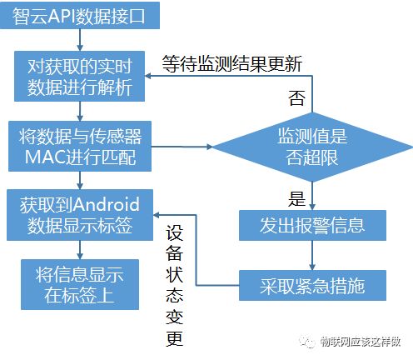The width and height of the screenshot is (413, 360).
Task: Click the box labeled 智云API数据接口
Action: (80, 15)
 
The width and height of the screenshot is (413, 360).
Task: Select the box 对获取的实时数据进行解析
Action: (80, 76)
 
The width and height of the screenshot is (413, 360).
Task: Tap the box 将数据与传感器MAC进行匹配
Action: (80, 146)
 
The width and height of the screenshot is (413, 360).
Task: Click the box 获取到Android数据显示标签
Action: (80, 215)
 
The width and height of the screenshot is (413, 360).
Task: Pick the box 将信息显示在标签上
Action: (80, 284)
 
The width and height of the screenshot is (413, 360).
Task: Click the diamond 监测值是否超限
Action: (312, 147)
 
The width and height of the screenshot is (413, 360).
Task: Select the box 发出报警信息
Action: (312, 225)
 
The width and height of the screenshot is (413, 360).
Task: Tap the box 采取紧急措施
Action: (312, 285)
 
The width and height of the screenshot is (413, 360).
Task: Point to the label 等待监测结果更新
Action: (232, 63)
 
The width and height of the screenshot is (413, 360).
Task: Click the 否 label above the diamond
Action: (296, 97)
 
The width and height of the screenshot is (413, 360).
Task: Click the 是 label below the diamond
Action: (296, 198)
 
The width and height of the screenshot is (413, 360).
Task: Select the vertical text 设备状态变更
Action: (175, 285)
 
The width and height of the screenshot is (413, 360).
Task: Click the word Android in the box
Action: (107, 204)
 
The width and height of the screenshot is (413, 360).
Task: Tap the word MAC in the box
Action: (45, 157)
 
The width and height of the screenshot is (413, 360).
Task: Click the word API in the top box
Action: (62, 16)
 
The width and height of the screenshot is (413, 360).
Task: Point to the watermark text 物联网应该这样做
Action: (361, 342)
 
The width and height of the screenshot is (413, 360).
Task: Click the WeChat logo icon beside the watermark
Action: (307, 342)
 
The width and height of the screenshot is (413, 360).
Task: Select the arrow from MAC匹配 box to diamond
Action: (182, 147)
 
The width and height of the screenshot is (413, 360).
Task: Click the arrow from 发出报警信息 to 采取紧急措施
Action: (312, 255)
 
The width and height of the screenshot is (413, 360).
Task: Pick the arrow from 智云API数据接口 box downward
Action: (80, 40)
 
